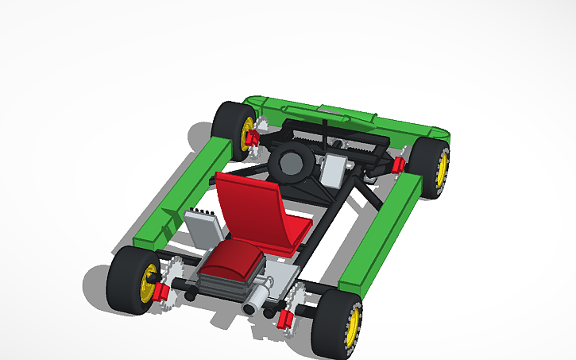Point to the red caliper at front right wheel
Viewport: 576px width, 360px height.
tap(399, 164)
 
